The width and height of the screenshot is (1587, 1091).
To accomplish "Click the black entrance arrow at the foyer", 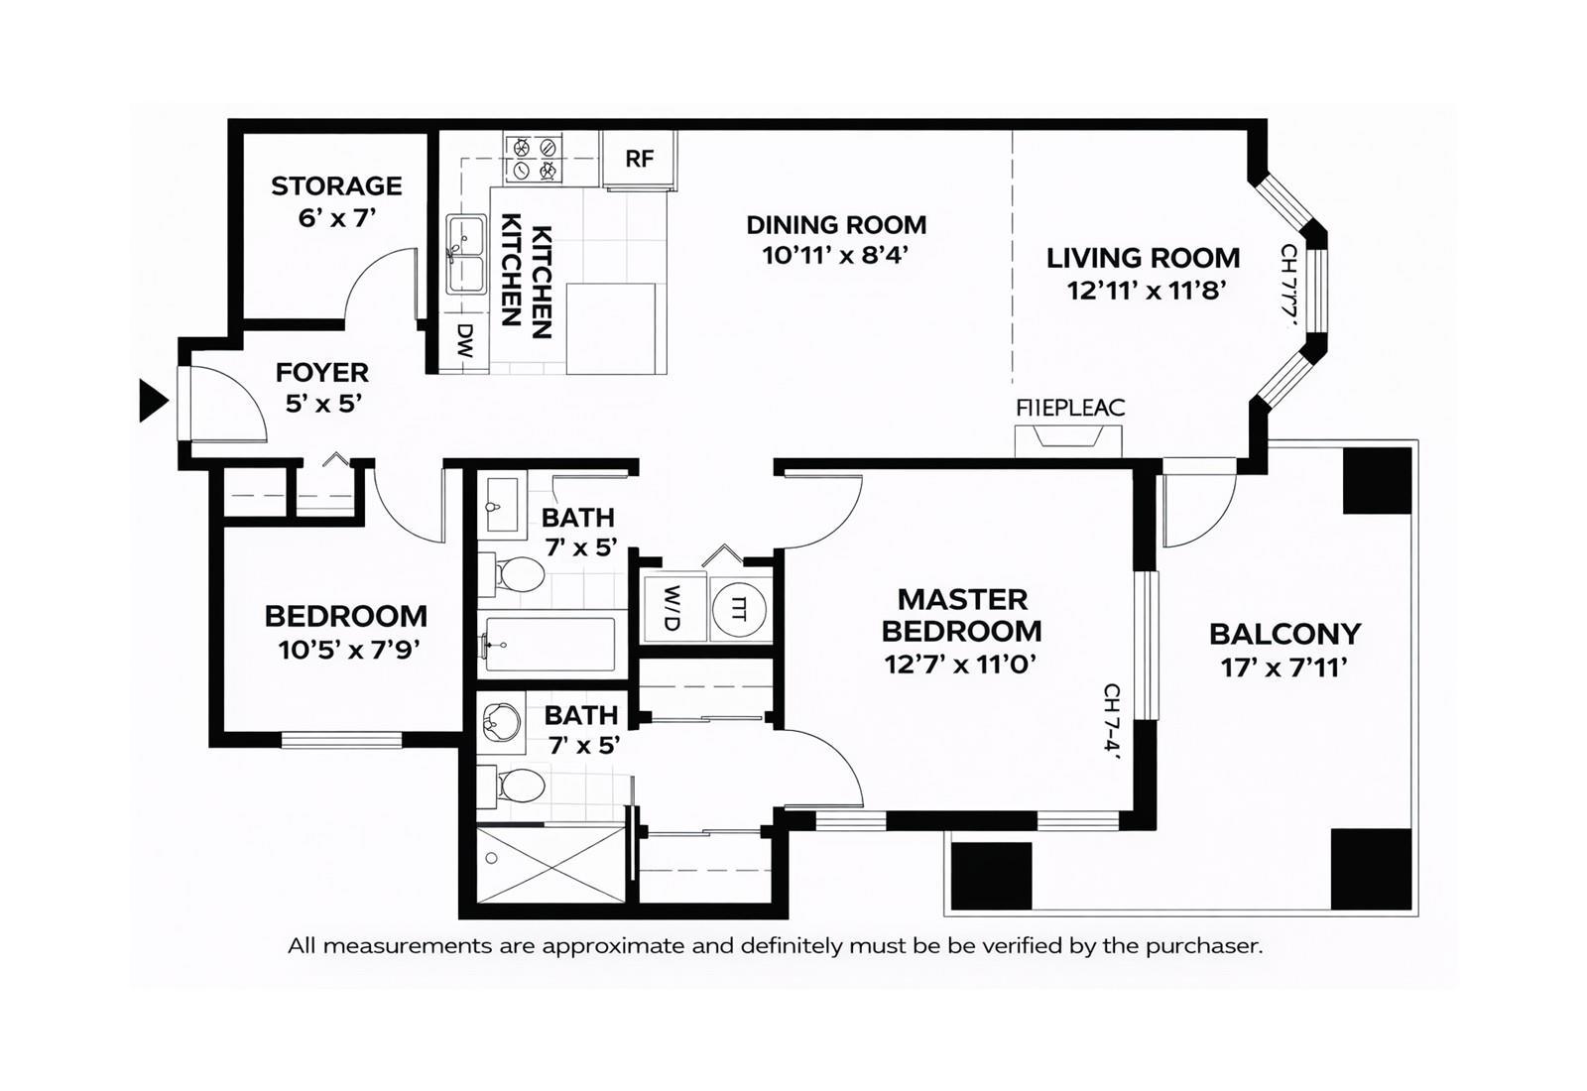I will (152, 401).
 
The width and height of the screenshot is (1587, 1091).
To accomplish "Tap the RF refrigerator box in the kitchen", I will (640, 159).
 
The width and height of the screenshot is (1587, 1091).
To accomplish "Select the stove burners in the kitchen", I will (534, 160).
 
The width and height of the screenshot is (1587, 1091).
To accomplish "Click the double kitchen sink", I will (465, 254).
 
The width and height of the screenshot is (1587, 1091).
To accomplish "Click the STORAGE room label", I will (336, 186).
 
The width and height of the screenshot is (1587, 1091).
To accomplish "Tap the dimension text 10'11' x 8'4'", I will (835, 256).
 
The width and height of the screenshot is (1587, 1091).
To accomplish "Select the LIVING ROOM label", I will (1143, 258).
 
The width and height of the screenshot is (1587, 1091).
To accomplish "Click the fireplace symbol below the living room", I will (1068, 439).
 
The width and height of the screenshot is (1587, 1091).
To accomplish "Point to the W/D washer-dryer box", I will (672, 608).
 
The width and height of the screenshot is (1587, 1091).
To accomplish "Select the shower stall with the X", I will (550, 864).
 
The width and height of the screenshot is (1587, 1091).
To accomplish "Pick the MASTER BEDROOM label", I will (961, 615).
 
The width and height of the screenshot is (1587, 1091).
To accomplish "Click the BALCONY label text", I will (1284, 634).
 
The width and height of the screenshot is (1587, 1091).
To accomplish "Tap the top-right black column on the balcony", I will (1377, 481).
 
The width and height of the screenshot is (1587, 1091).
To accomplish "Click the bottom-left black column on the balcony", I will (991, 875).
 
